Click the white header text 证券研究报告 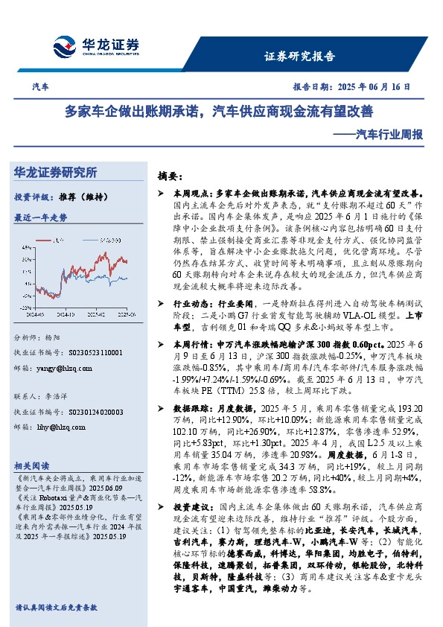(x=300, y=56)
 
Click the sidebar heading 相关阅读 (x=32, y=462)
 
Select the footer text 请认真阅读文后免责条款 (x=56, y=608)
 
